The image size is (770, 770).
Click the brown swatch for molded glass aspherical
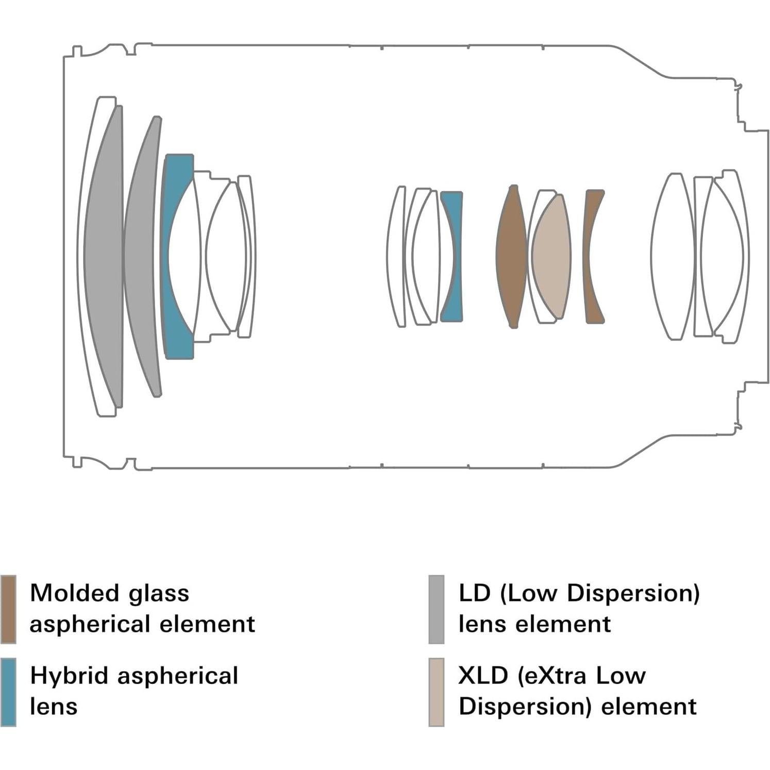(x=8, y=609)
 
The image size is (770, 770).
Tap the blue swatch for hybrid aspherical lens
(x=8, y=692)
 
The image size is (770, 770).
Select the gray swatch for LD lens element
(x=436, y=609)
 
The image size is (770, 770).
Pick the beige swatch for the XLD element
(x=436, y=692)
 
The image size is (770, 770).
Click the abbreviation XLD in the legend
(x=483, y=676)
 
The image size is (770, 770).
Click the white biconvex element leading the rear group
(x=673, y=256)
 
